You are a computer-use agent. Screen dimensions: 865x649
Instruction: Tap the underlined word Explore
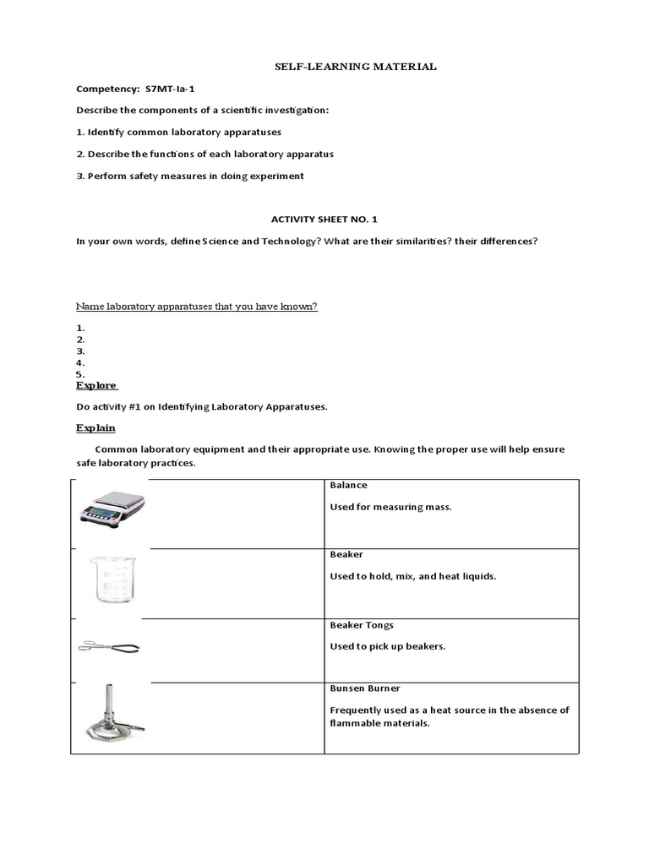tap(96, 385)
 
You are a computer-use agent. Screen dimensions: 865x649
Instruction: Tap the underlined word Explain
tap(95, 428)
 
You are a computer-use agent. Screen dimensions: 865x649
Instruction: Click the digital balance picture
tap(112, 508)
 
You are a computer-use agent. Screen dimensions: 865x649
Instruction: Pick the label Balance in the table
tap(348, 486)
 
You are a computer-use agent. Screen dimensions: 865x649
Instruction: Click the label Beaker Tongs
tap(362, 625)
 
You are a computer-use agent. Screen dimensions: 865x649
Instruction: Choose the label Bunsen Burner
tap(364, 688)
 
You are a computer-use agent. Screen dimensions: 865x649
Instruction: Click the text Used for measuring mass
tap(390, 507)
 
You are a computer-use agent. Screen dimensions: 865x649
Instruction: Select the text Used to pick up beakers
tap(387, 646)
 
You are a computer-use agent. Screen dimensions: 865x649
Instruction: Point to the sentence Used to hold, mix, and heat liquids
tap(412, 576)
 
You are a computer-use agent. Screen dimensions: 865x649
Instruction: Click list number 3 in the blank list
tap(80, 351)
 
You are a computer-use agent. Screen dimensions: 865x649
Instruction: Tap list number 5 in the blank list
tap(80, 374)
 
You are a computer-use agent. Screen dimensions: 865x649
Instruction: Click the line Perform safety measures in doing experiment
tap(190, 176)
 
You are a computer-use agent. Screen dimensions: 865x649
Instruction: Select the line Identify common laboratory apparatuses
tap(179, 133)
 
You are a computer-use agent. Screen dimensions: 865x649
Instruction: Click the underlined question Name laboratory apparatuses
tap(197, 306)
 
